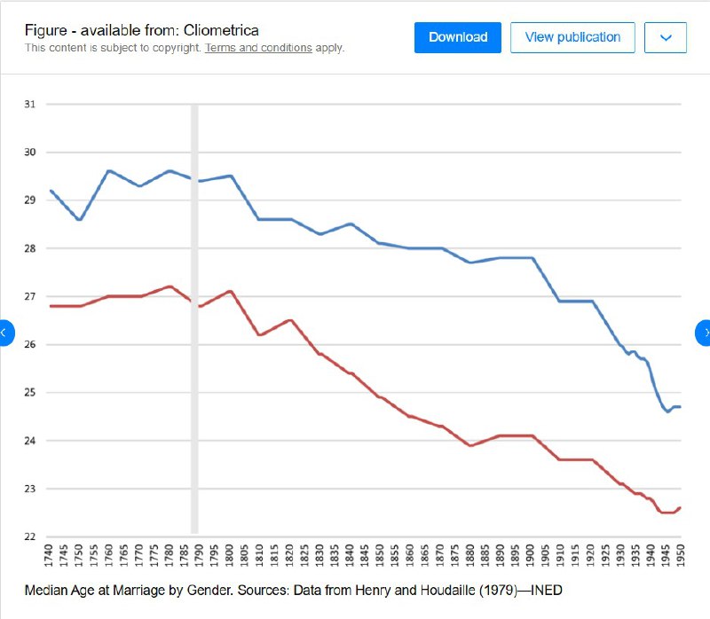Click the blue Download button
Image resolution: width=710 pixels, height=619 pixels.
pyautogui.click(x=458, y=37)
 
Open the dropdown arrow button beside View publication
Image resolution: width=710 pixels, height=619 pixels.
pyautogui.click(x=667, y=37)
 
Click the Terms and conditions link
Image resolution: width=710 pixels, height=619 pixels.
pyautogui.click(x=258, y=48)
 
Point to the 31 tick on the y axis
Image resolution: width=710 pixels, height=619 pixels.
pyautogui.click(x=30, y=105)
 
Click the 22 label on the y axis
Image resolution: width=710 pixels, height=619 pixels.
pyautogui.click(x=30, y=537)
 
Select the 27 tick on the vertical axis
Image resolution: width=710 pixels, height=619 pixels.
pyautogui.click(x=30, y=296)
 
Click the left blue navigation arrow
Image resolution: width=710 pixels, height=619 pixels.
pyautogui.click(x=4, y=333)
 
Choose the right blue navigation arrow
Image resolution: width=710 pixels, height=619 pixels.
pyautogui.click(x=705, y=333)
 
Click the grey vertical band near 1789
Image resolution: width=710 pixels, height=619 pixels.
pyautogui.click(x=194, y=319)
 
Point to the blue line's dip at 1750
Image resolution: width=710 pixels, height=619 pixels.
pyautogui.click(x=80, y=219)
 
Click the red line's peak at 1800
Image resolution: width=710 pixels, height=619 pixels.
pyautogui.click(x=230, y=291)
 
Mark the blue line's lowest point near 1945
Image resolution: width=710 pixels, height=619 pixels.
pyautogui.click(x=667, y=411)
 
